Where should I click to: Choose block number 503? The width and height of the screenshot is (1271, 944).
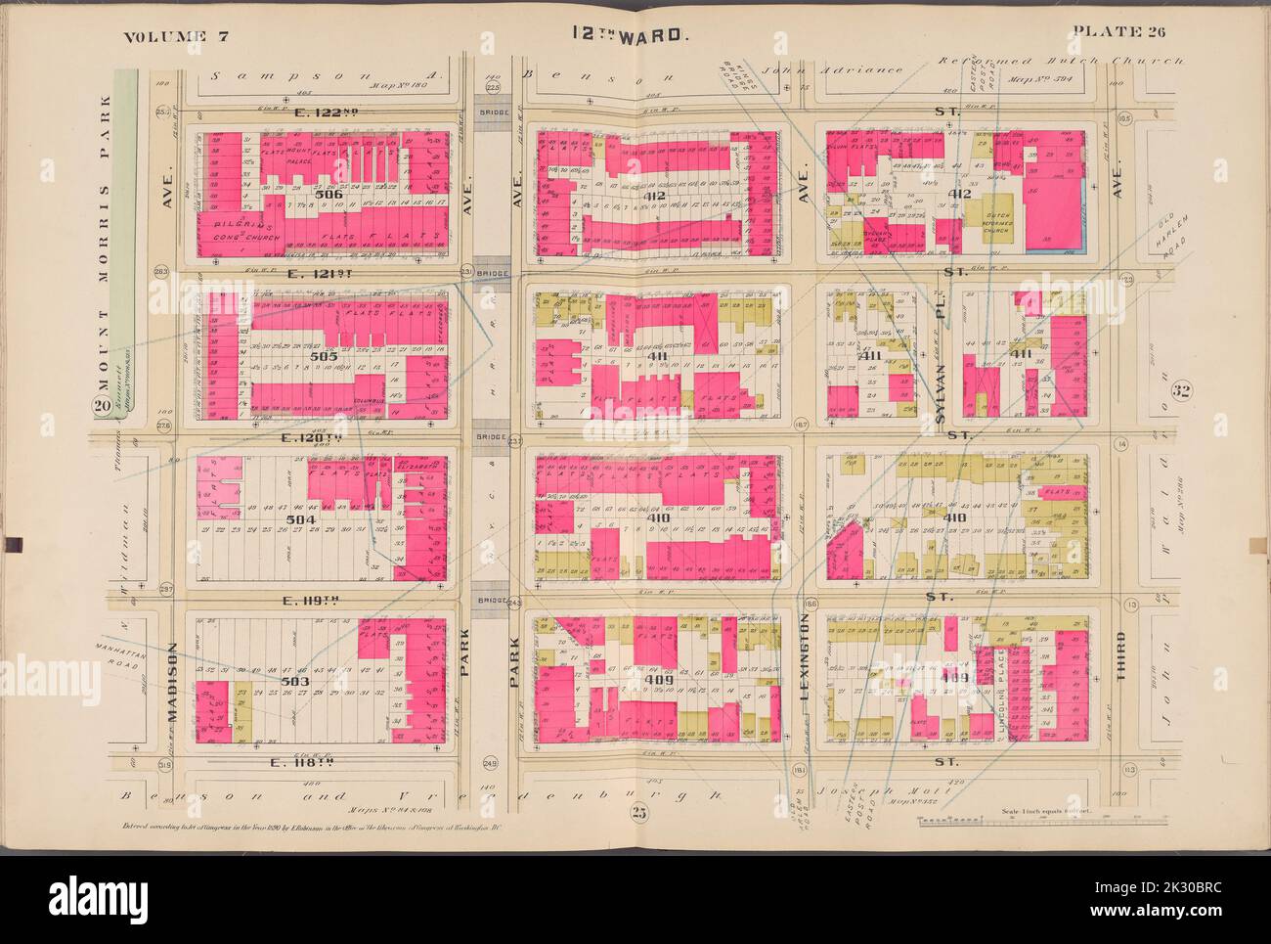pyautogui.click(x=313, y=680)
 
